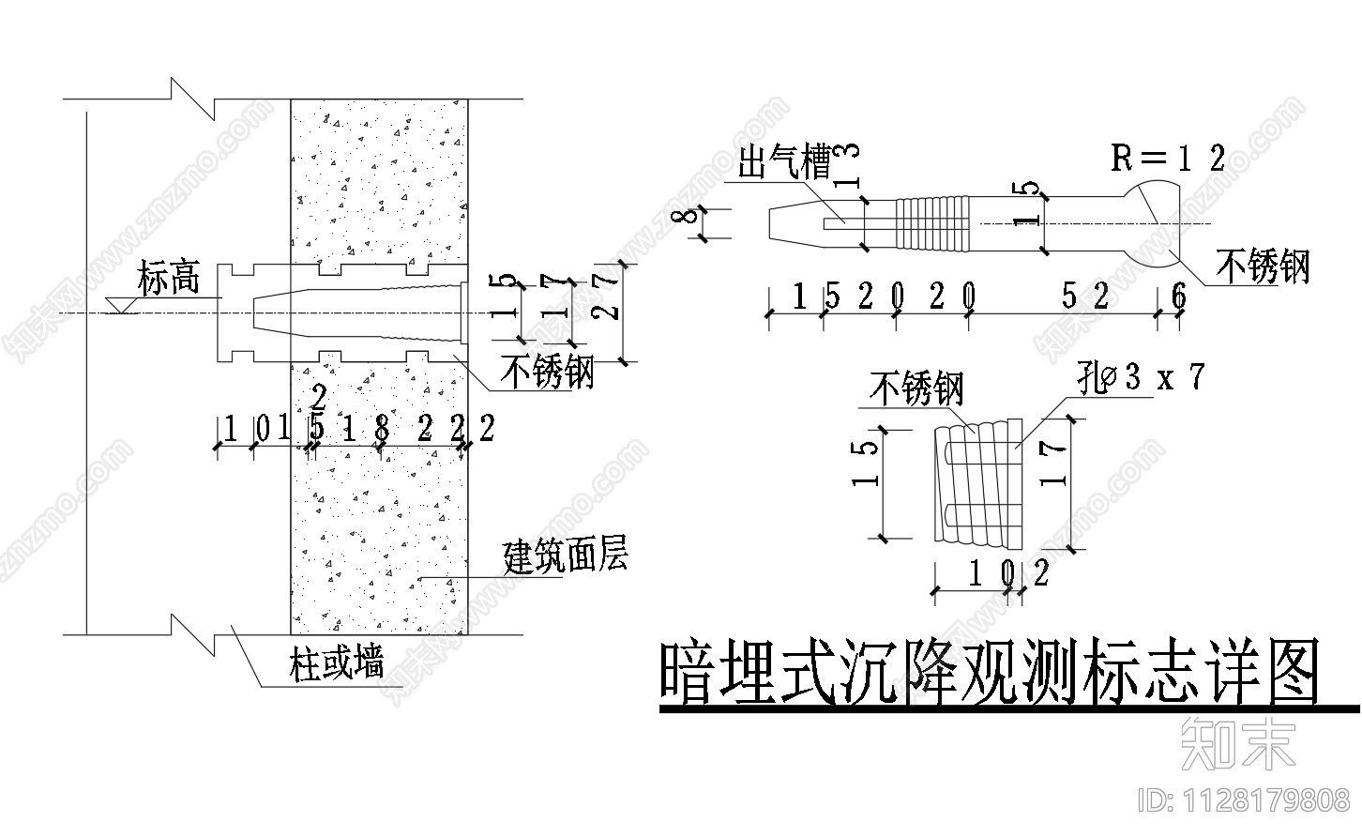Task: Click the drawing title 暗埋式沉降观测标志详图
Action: (x=988, y=673)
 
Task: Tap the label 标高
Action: (x=168, y=278)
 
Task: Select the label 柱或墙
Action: (x=337, y=665)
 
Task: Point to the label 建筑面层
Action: (x=565, y=556)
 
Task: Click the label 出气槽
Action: (x=785, y=164)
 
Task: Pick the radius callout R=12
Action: (x=1168, y=158)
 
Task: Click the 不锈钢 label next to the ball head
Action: (x=1262, y=266)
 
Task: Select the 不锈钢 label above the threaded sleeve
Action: (x=916, y=388)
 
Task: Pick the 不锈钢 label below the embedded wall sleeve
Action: (x=547, y=373)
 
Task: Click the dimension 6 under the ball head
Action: (x=1179, y=297)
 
